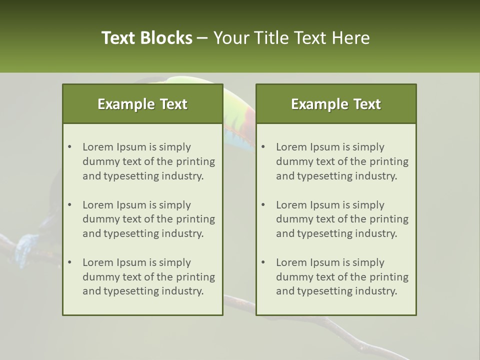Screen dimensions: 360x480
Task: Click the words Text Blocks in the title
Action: pos(146,38)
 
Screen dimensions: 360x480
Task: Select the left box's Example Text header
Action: pos(142,104)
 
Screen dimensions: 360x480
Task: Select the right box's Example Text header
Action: pos(336,104)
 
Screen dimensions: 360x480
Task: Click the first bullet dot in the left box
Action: pos(70,147)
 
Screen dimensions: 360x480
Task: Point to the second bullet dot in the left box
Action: pos(70,205)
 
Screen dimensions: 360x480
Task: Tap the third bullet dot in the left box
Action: pos(70,262)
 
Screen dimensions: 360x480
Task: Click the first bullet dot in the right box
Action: pos(263,147)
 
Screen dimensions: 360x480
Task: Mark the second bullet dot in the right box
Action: pos(263,205)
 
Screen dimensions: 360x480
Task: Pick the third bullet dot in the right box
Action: pos(263,262)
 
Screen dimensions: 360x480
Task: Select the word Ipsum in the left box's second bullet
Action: pos(131,205)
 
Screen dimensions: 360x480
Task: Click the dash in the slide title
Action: pos(202,38)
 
